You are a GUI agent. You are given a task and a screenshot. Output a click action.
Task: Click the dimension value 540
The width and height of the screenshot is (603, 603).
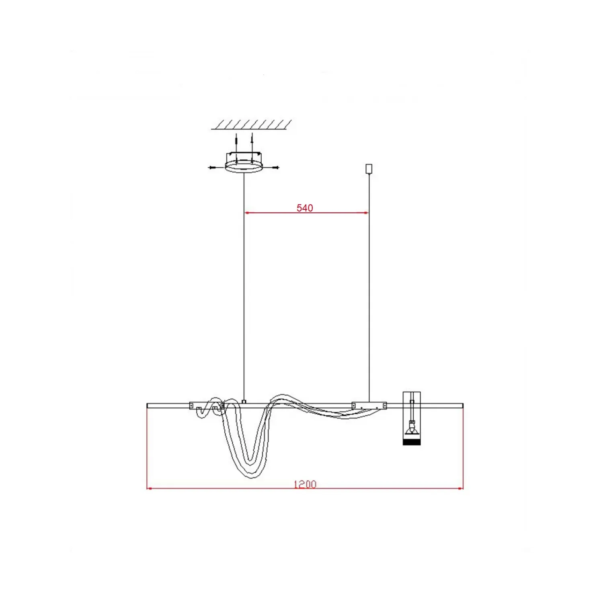(x=305, y=208)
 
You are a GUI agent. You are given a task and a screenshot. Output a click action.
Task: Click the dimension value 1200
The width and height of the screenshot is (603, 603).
(x=305, y=484)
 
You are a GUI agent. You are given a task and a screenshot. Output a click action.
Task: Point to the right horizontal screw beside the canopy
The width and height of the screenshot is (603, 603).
(x=271, y=167)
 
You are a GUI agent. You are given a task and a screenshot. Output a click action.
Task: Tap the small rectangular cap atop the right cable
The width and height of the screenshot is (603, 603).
(x=369, y=169)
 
